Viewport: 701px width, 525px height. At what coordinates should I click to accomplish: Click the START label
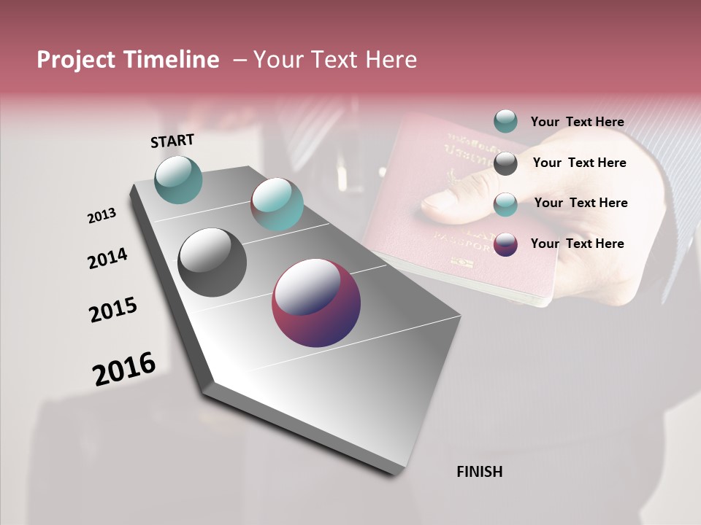tap(172, 141)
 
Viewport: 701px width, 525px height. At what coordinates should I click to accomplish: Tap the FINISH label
tap(479, 472)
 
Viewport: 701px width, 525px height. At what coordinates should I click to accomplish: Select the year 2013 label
tap(101, 216)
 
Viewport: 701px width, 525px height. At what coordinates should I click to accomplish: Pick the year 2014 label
tap(107, 258)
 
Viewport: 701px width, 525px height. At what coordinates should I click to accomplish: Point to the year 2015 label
tap(113, 310)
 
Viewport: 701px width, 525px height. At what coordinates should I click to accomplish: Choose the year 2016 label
tap(124, 369)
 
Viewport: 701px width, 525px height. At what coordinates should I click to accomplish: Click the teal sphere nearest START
tap(179, 179)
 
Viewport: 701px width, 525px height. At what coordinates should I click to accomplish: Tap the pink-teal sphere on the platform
tap(277, 204)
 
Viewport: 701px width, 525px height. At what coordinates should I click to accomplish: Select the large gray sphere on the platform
tap(212, 262)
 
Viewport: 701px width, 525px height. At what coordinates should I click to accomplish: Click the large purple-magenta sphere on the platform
tap(316, 303)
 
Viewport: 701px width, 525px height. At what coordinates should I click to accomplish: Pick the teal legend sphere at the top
tap(505, 121)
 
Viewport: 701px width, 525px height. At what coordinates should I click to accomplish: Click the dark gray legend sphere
tap(505, 163)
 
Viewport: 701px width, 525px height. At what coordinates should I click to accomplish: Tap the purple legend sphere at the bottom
tap(505, 244)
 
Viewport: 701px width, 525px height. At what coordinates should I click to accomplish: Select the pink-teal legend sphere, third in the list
tap(505, 204)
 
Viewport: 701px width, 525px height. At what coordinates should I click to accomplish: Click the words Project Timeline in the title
tap(128, 60)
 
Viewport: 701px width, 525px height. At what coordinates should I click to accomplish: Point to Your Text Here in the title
tap(334, 60)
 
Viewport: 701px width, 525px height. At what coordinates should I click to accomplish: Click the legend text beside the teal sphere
tap(577, 122)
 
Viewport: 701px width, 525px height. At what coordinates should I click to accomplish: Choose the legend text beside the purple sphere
tap(577, 244)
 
